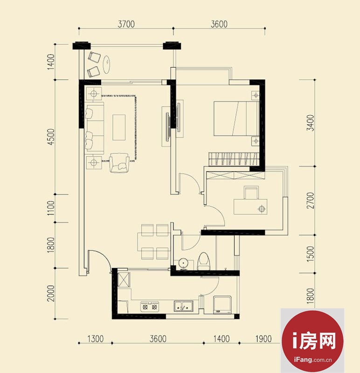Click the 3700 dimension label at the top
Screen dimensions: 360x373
pos(126,24)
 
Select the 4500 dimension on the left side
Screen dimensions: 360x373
pos(51,137)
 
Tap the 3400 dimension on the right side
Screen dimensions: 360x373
pos(310,123)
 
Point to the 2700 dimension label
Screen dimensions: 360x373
pos(310,200)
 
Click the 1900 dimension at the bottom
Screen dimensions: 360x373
pos(263,338)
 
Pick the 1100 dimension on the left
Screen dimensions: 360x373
pos(51,208)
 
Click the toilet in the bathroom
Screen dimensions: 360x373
pos(203,261)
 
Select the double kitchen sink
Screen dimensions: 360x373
pos(183,306)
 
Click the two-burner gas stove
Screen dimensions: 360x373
pos(150,306)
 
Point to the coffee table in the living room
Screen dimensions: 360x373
pos(119,127)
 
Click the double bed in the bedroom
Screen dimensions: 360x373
pos(236,118)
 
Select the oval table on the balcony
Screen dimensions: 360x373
pos(107,64)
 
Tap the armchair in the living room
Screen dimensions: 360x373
pos(119,163)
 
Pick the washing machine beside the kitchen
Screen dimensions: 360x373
pos(222,305)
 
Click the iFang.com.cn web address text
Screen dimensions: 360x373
pos(312,359)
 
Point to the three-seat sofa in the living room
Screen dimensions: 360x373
pos(95,128)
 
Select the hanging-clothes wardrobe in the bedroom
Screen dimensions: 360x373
pos(233,159)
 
